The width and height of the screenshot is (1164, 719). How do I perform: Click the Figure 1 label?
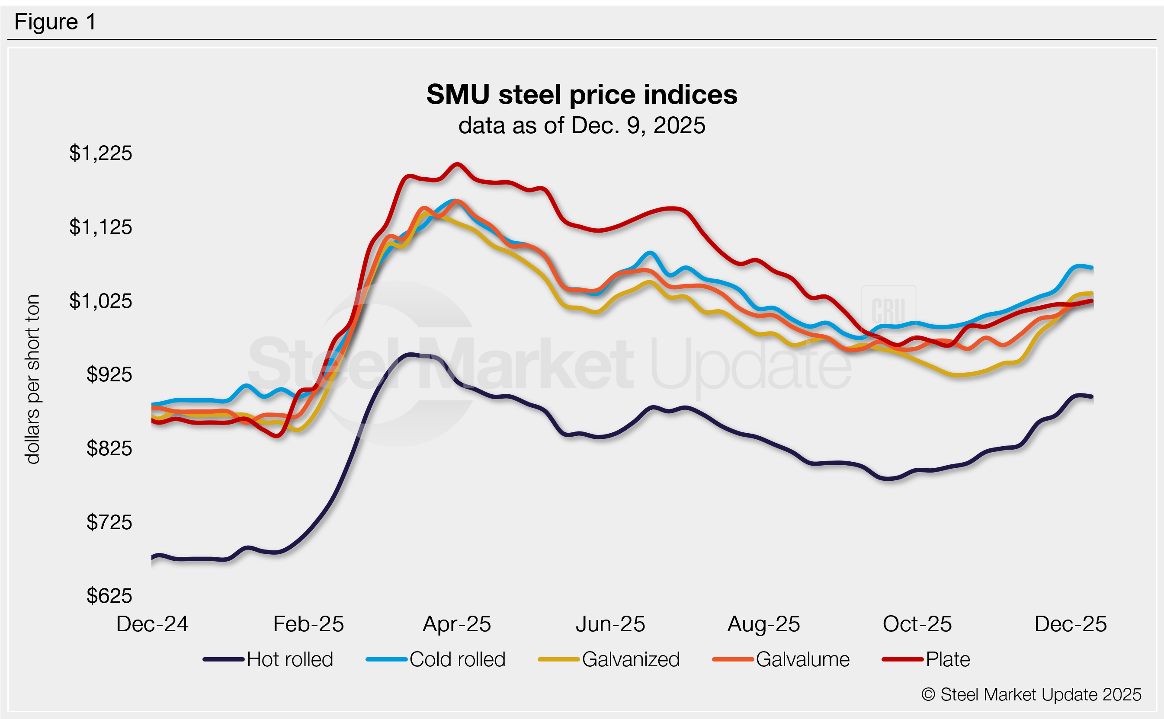(x=55, y=22)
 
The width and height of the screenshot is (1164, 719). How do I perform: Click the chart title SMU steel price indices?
(x=581, y=94)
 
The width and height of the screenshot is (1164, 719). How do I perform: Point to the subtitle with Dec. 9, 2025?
(x=581, y=125)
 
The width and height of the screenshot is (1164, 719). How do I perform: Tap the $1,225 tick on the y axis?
(x=100, y=153)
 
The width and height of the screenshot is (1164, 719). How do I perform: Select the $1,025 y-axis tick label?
(x=100, y=301)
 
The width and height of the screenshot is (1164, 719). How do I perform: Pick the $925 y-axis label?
(x=109, y=375)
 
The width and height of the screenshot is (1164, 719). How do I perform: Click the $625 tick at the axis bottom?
(x=109, y=596)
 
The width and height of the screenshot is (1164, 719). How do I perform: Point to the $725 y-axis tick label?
(x=109, y=522)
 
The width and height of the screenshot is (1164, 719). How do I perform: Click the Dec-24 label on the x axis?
(x=152, y=624)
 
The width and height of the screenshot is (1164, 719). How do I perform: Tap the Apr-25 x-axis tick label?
(x=457, y=624)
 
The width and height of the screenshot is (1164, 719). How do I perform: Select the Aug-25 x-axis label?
(x=763, y=624)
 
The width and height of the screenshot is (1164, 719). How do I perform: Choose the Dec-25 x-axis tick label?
(x=1070, y=624)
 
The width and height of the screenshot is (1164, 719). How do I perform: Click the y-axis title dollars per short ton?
(x=32, y=379)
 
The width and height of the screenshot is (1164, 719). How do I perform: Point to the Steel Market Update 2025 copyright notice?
(x=1031, y=695)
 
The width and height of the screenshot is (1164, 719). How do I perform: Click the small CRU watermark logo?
(x=888, y=310)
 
